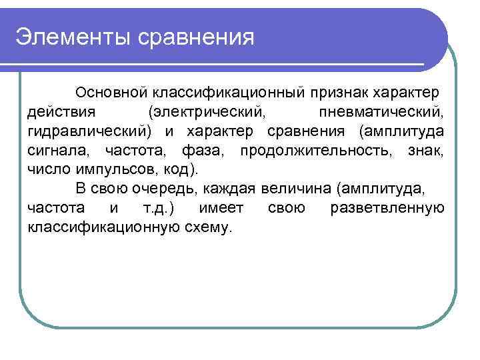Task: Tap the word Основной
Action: pos(112,90)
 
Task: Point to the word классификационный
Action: pos(229,90)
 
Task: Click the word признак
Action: pos(341,90)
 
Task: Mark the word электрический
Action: pos(207,109)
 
